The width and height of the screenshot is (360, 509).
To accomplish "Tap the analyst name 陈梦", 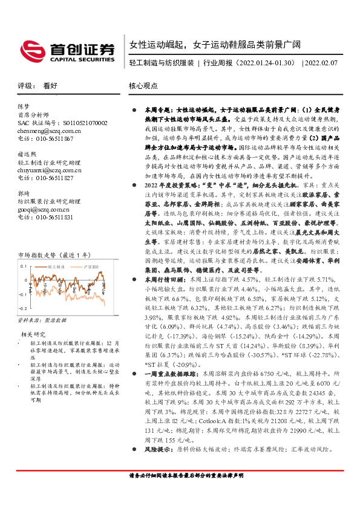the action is click(x=24, y=106).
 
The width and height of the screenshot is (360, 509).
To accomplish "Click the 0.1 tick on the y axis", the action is click(x=24, y=266).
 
